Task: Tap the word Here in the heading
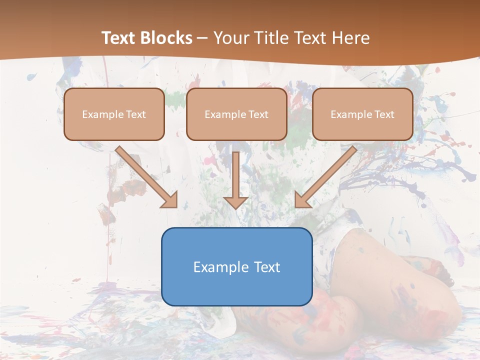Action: point(350,38)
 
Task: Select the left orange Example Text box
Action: point(114,114)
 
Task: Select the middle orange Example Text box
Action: point(236,114)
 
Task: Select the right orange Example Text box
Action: point(362,114)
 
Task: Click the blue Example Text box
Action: point(236,266)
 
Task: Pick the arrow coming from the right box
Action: point(327,175)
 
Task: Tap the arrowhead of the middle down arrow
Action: point(236,202)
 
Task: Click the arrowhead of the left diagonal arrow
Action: point(170,199)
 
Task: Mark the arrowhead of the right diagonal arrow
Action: point(302,199)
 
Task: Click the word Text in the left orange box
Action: point(136,114)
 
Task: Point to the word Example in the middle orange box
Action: point(224,114)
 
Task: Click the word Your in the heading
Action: point(231,38)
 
